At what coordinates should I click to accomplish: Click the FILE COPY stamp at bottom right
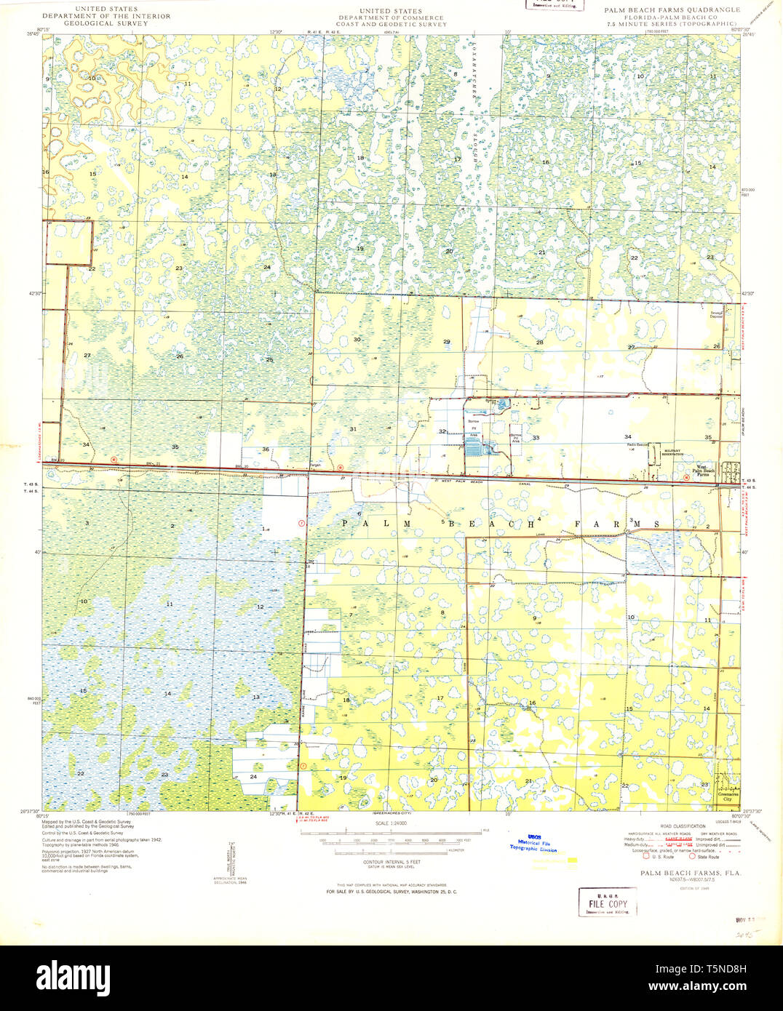(x=607, y=904)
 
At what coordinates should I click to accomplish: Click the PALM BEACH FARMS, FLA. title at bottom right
(x=680, y=872)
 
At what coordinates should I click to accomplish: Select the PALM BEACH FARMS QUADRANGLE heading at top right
(x=672, y=10)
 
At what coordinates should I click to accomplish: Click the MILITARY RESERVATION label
(x=673, y=452)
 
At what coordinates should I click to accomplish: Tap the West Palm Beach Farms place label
(x=705, y=471)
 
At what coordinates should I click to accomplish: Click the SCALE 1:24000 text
(x=391, y=823)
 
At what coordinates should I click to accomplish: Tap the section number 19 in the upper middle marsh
(x=359, y=249)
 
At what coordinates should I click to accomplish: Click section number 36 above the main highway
(x=266, y=449)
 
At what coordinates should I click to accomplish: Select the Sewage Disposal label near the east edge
(x=717, y=315)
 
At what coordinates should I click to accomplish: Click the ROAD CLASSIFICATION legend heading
(x=682, y=827)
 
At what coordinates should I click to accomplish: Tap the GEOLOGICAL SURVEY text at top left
(x=95, y=23)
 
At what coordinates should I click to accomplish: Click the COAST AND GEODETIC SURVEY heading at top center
(x=391, y=24)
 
